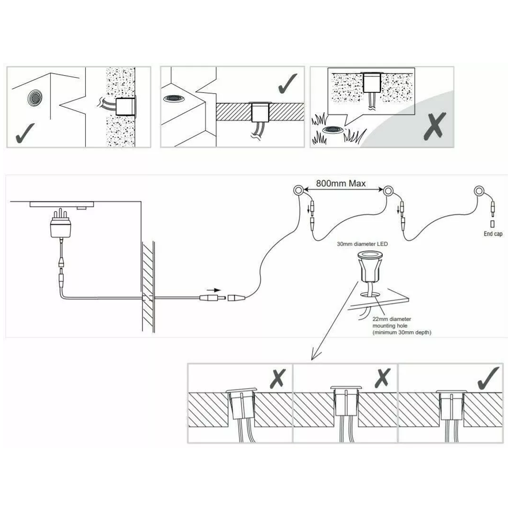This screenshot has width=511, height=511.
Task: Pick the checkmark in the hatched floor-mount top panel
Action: tap(288, 84)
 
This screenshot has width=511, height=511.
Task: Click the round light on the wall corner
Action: tap(35, 97)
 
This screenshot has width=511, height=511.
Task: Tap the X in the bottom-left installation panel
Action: tap(277, 379)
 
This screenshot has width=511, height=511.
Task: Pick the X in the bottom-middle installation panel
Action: tap(382, 379)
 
